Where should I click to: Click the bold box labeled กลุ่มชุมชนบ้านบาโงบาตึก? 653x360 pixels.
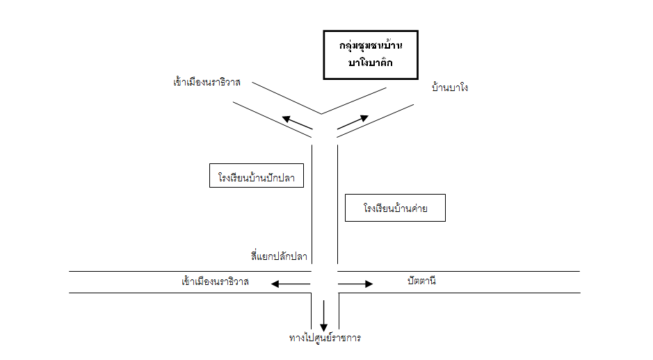tap(371, 54)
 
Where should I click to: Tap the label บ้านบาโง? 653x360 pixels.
tap(450, 88)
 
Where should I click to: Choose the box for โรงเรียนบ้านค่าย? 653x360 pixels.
tap(395, 208)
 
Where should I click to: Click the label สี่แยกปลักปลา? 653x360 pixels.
tap(279, 256)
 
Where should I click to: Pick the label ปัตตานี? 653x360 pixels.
tap(421, 281)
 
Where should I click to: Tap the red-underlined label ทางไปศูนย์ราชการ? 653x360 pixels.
tap(325, 338)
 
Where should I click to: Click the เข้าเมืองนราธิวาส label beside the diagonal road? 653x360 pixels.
tap(207, 82)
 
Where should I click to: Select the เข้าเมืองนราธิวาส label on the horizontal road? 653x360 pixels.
tap(215, 282)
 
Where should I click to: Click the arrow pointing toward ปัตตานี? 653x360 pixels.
tap(356, 284)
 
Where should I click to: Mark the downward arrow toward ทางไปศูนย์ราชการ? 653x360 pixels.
tap(323, 317)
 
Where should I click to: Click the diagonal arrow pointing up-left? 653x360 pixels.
tap(297, 122)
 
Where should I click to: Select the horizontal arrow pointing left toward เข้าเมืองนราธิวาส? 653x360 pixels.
tap(291, 284)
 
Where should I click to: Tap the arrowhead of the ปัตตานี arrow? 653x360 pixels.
tap(369, 284)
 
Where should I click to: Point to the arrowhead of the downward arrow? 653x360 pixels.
tap(323, 327)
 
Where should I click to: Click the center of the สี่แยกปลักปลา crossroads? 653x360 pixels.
tap(325, 282)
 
